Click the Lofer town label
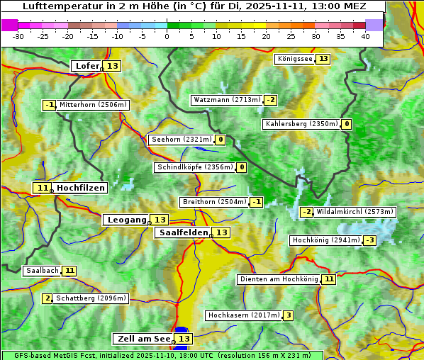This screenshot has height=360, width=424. coord(87,66)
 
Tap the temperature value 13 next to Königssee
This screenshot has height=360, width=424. coord(323,59)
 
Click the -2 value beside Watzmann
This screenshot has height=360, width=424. coord(271,100)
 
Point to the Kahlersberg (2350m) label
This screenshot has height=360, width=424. coord(301,124)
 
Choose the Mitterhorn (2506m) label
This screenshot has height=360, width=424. coord(93,105)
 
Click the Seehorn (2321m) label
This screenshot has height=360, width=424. coord(182,140)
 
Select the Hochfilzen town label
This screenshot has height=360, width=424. coord(81,188)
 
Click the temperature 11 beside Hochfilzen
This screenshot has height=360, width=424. coord(43,188)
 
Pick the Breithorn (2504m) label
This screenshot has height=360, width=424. coord(213,202)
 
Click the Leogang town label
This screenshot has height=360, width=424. coord(126,220)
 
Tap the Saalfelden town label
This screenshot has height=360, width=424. coord(183,232)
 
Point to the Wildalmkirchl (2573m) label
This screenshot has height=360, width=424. coord(355,211)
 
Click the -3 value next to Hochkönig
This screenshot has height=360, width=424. coord(369,240)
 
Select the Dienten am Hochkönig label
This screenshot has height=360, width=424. coord(279,279)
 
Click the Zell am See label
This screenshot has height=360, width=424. coord(143,339)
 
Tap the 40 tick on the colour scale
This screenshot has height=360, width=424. coord(365,36)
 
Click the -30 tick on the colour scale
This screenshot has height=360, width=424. coord(18,36)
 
